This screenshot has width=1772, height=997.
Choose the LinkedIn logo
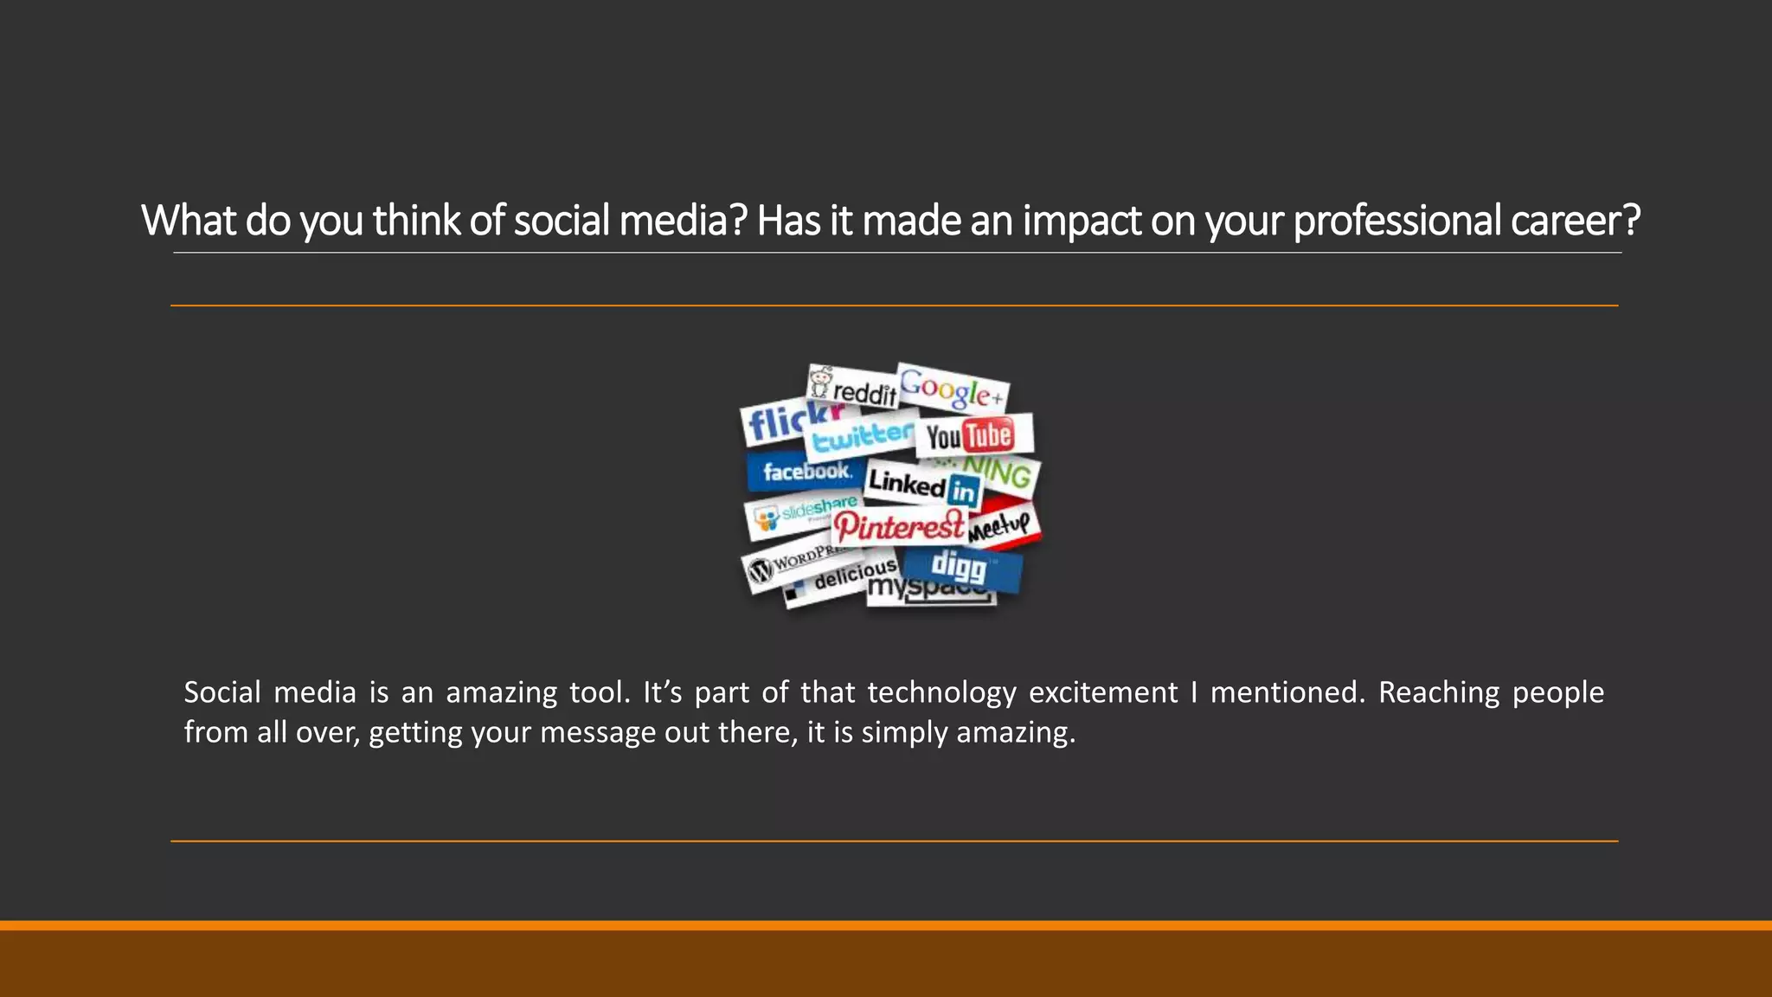click(922, 486)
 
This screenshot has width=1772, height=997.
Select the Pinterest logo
click(899, 525)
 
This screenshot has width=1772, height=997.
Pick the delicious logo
click(844, 578)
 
